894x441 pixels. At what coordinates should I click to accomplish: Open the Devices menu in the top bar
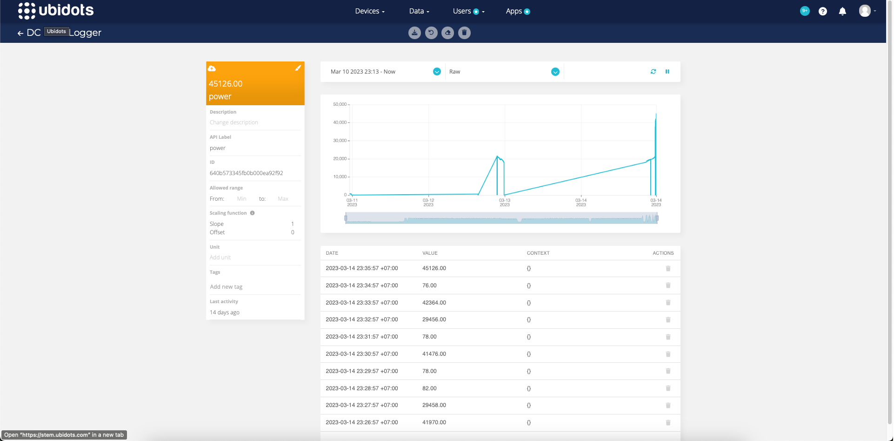(370, 11)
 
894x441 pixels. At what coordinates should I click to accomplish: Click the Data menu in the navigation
(419, 11)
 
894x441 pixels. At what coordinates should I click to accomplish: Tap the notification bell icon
(842, 11)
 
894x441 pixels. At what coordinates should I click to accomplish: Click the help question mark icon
(823, 11)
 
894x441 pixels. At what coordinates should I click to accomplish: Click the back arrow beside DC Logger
(20, 33)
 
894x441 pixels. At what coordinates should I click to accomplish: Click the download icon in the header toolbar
(414, 33)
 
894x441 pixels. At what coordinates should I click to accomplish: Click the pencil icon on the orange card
(298, 68)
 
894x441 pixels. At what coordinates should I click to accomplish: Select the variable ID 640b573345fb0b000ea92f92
(246, 173)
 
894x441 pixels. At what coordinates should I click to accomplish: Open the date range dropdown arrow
(437, 72)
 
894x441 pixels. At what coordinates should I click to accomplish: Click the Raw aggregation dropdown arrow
(555, 72)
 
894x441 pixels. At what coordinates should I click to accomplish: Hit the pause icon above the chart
(667, 72)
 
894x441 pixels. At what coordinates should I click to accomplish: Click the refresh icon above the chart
(654, 72)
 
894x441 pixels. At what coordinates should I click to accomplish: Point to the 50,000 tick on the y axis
(340, 104)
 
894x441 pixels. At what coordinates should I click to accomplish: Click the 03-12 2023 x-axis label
(428, 203)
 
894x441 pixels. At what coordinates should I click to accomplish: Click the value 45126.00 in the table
(434, 268)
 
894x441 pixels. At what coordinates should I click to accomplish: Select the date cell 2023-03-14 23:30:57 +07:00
(362, 354)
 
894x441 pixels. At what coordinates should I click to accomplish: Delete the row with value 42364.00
(668, 303)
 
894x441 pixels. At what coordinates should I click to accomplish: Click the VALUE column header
(430, 253)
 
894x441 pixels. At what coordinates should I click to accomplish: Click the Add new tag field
(227, 287)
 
